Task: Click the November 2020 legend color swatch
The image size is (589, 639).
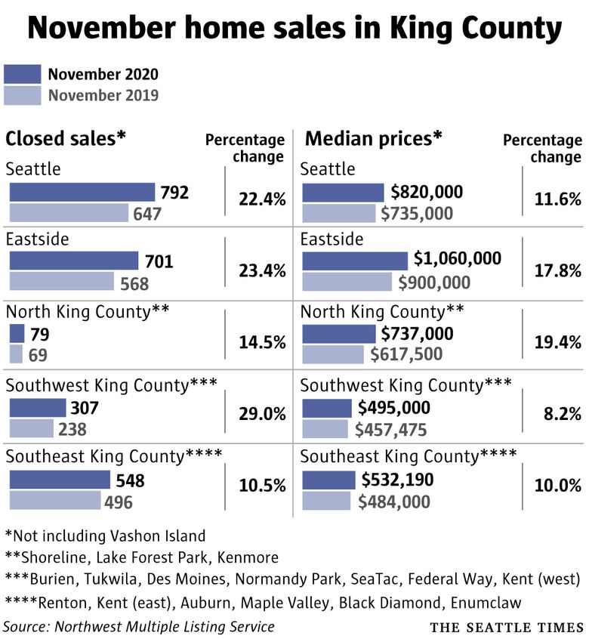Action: coord(22,74)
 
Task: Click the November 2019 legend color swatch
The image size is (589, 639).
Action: coord(22,95)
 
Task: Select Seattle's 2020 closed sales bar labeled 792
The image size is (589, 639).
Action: coord(82,193)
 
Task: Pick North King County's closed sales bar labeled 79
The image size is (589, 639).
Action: coord(17,333)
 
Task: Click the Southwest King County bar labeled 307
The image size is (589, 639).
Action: coord(38,408)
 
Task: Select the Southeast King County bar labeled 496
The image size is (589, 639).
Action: coord(55,500)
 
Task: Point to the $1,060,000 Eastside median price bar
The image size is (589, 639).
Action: coord(355,261)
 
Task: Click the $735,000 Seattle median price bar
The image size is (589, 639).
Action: coord(339,213)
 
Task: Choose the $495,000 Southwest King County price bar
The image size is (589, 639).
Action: coord(328,408)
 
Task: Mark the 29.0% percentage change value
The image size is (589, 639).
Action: coord(262,414)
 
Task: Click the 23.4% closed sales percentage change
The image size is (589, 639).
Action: coord(262,271)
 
